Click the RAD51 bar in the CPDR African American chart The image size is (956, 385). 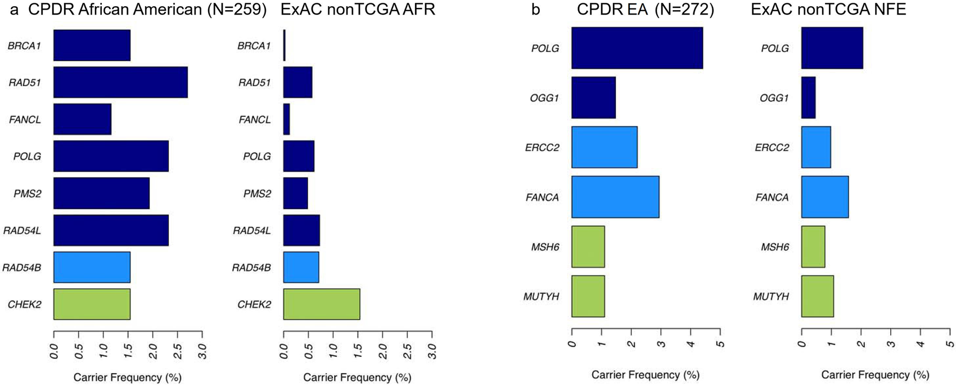click(x=120, y=82)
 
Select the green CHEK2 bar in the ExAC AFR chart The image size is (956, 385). click(x=321, y=304)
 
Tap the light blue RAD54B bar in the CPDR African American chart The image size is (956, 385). click(x=92, y=267)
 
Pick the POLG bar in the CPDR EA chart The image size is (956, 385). click(x=637, y=48)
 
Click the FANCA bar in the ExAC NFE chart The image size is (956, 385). click(x=824, y=197)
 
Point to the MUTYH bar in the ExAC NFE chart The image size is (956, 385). click(x=817, y=296)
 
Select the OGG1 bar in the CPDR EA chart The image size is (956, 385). click(x=593, y=97)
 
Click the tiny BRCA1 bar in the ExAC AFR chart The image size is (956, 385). click(x=285, y=45)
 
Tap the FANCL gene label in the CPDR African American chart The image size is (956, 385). click(x=25, y=120)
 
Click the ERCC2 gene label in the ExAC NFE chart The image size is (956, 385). click(x=773, y=147)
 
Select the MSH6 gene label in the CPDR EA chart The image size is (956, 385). click(x=545, y=247)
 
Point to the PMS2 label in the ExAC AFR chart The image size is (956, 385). click(x=257, y=193)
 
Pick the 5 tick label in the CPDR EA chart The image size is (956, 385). click(x=720, y=343)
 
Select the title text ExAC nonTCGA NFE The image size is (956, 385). click(x=828, y=10)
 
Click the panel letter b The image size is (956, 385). click(x=535, y=10)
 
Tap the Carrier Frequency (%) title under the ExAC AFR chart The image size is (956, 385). click(x=357, y=377)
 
